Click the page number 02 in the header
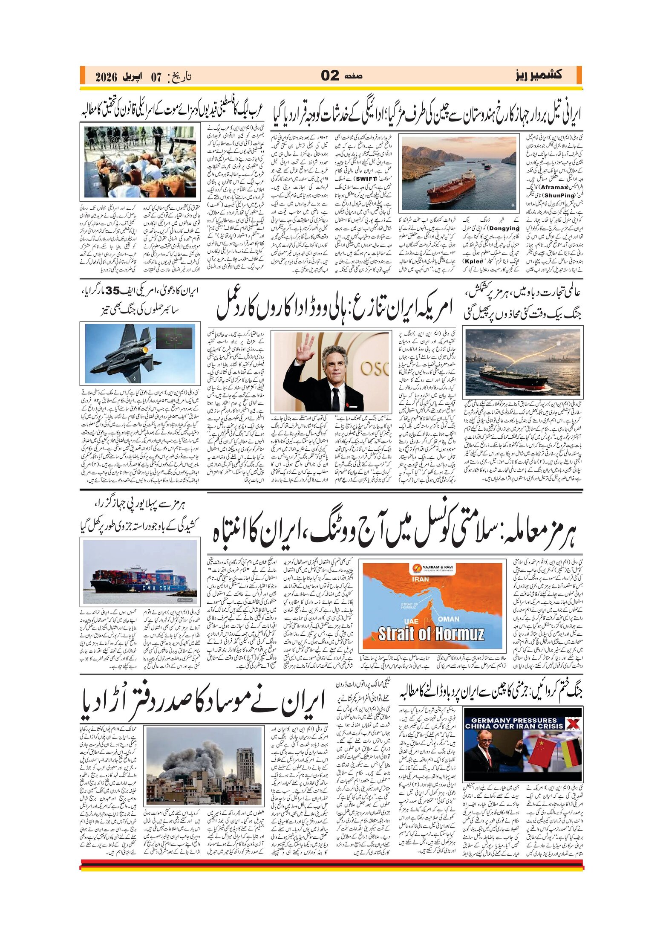[x=330, y=75]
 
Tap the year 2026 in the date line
[x=106, y=77]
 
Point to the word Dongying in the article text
[x=504, y=228]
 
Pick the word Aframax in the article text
[x=554, y=187]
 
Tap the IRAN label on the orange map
[x=420, y=579]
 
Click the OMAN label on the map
[x=449, y=619]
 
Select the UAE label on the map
[x=410, y=621]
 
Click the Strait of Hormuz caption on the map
[x=431, y=634]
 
